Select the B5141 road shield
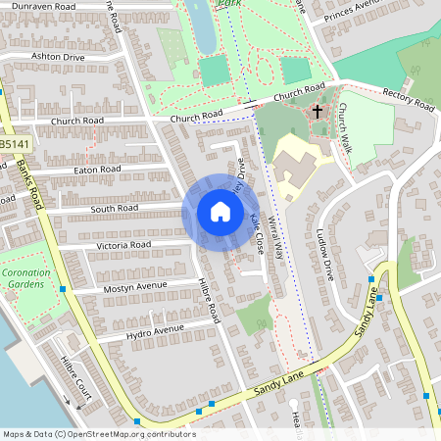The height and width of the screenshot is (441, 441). point(13,144)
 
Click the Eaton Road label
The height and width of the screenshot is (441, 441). point(97,170)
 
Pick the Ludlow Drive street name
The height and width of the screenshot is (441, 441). point(326,255)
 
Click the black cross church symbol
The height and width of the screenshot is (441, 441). point(318,112)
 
